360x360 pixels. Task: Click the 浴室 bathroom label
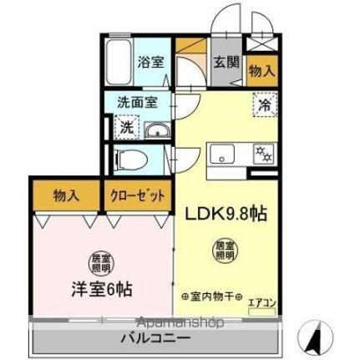pyautogui.click(x=150, y=61)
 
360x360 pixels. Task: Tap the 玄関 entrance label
pyautogui.click(x=223, y=61)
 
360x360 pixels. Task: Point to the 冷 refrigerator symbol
pyautogui.click(x=263, y=107)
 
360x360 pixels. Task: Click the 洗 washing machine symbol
pyautogui.click(x=124, y=129)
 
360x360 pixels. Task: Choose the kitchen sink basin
pyautogui.click(x=223, y=153)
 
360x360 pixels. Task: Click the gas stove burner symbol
pyautogui.click(x=263, y=153)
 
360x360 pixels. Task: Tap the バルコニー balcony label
pyautogui.click(x=155, y=338)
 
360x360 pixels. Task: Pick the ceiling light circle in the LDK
pyautogui.click(x=224, y=250)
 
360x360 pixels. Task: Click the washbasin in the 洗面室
pyautogui.click(x=156, y=131)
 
